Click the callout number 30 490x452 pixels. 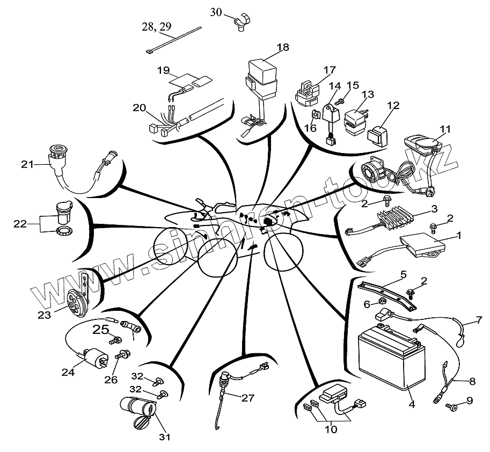click(215, 12)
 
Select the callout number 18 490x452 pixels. click(282, 47)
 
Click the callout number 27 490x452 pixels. click(247, 398)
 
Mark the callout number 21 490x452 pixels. click(27, 164)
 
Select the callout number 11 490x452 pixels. click(445, 129)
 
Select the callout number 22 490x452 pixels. click(20, 223)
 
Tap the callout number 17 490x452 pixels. click(329, 70)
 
